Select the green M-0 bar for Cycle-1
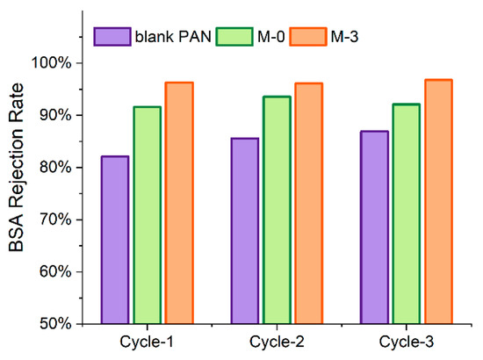(x=147, y=215)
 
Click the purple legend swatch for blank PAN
(x=113, y=36)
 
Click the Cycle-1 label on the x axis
(x=147, y=342)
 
